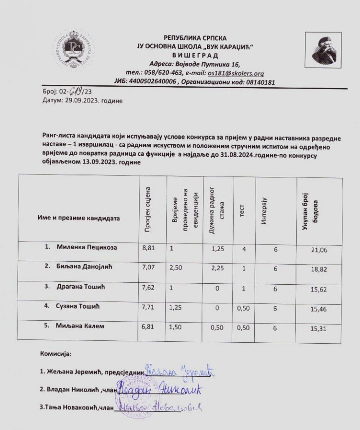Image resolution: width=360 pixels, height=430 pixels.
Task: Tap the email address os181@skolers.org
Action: tap(236, 74)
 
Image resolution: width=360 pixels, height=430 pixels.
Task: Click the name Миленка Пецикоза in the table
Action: tap(89, 247)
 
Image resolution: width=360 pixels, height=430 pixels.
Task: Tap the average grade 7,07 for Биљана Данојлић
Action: tap(148, 268)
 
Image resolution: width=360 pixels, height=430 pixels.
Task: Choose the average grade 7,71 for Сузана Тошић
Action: tap(148, 308)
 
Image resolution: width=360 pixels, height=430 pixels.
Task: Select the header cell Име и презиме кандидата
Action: tap(79, 218)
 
